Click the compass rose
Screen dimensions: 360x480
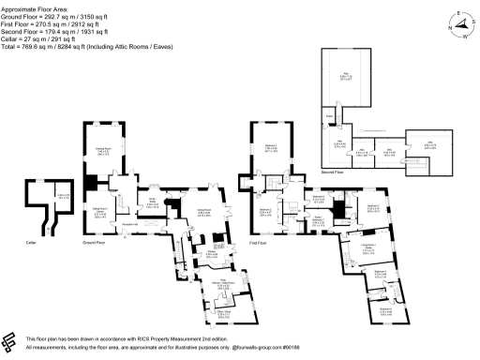click(x=457, y=23)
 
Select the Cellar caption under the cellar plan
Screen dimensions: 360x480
click(x=30, y=241)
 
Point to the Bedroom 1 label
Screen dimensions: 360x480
click(x=270, y=147)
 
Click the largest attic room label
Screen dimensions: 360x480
click(x=346, y=77)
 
